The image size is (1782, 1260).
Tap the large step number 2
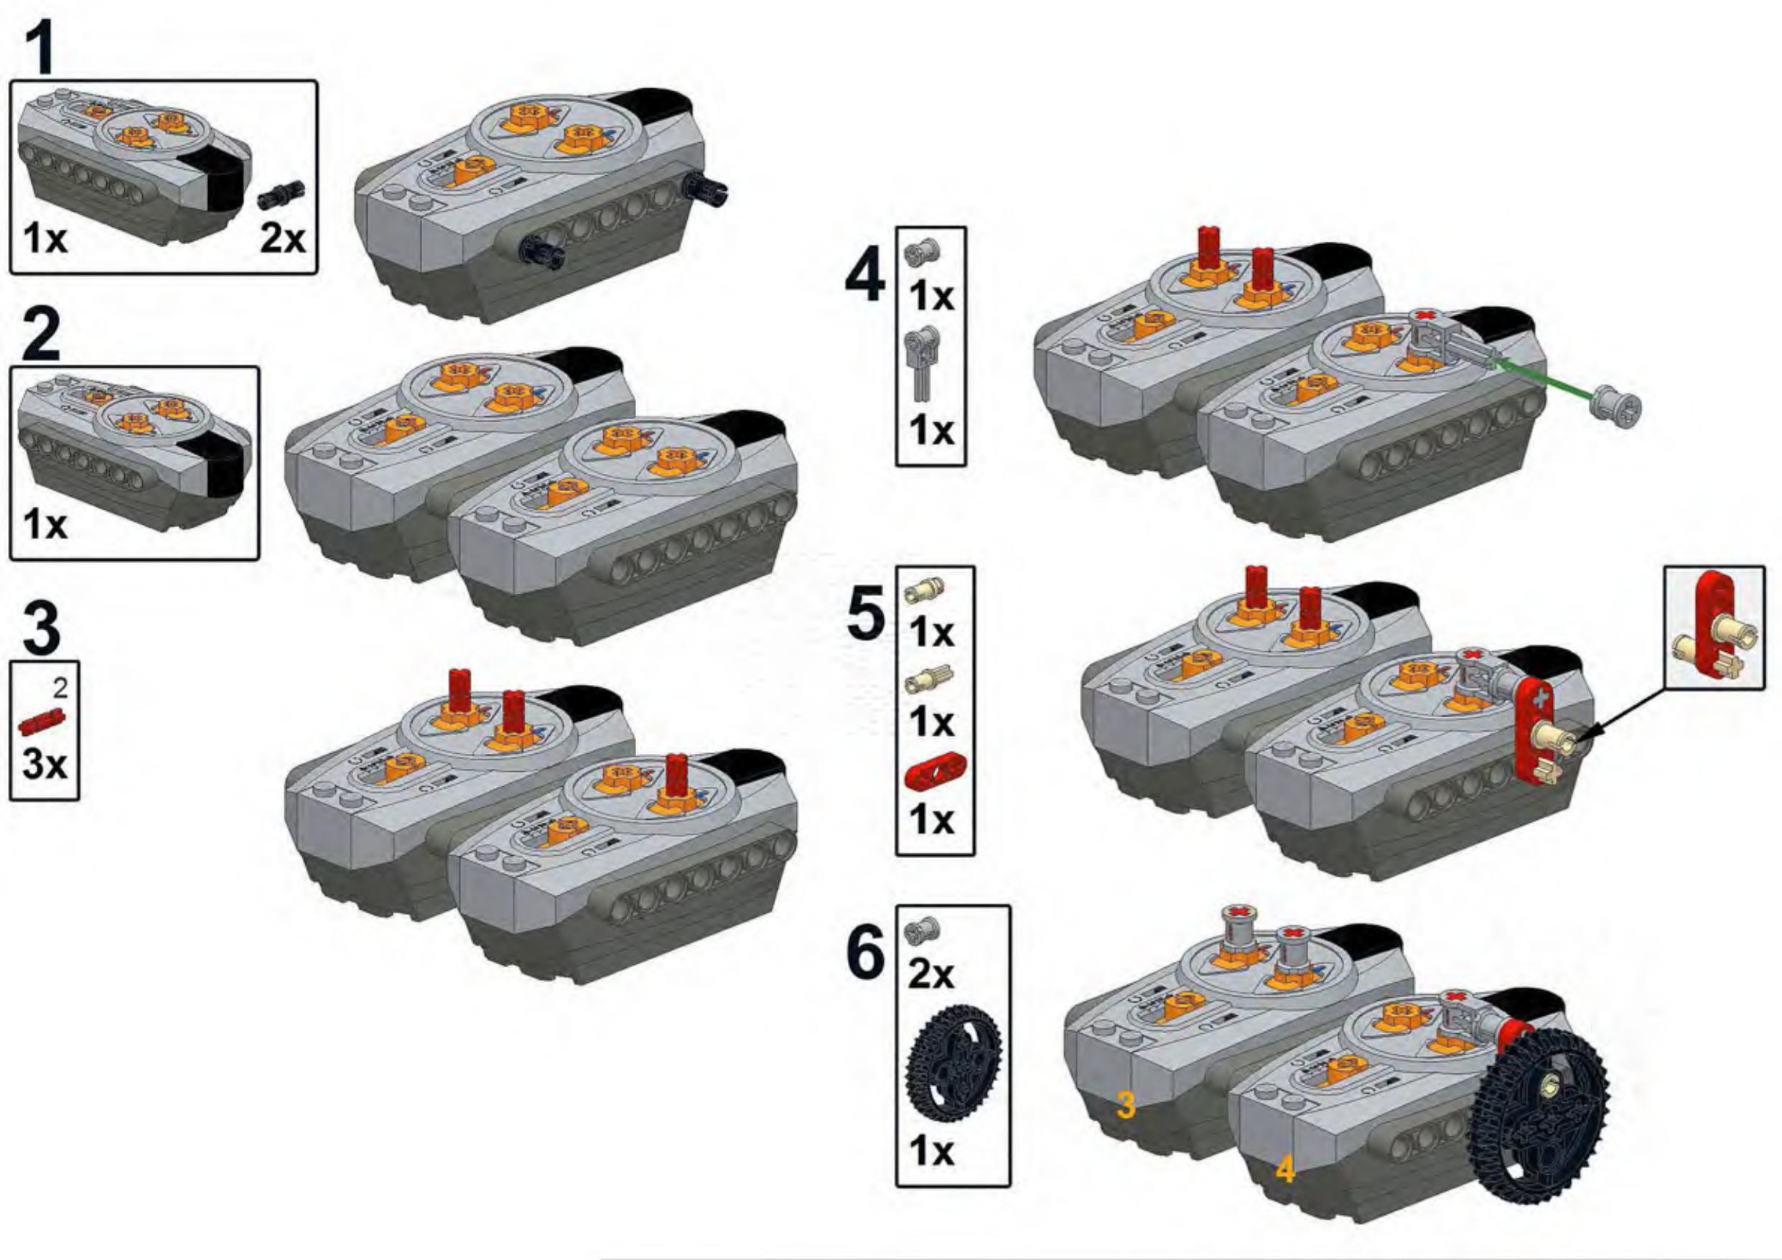(40, 335)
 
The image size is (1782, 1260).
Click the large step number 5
(865, 614)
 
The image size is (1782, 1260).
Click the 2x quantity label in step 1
(282, 238)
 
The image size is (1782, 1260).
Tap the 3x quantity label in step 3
(45, 764)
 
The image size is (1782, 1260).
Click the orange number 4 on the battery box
(1286, 1191)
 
